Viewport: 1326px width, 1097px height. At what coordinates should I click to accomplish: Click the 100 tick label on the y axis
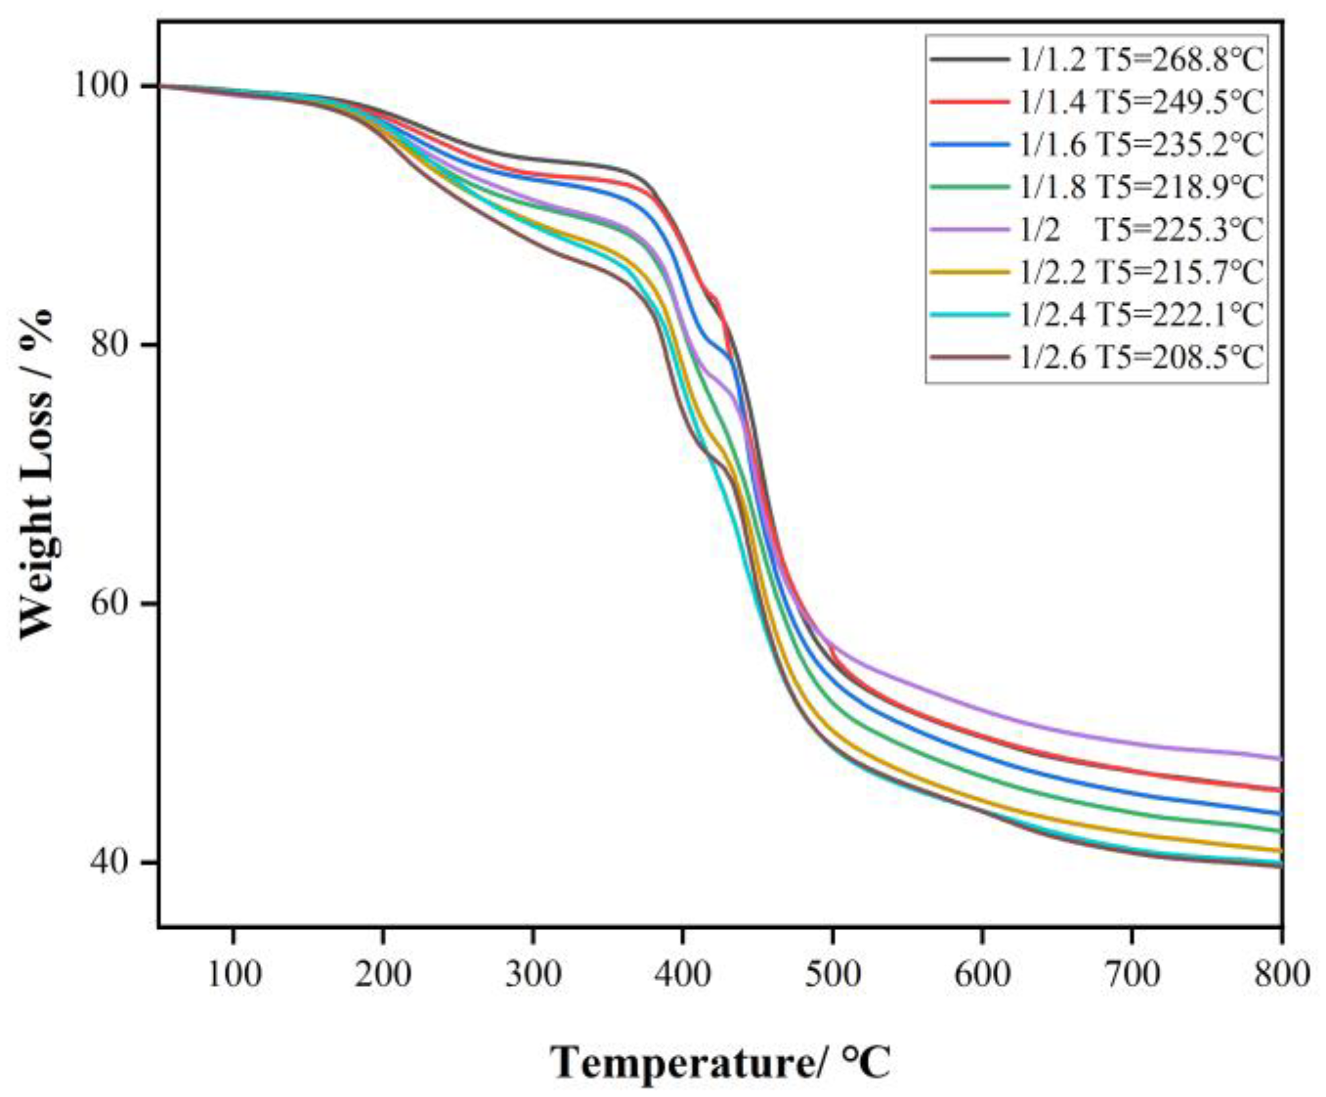click(104, 85)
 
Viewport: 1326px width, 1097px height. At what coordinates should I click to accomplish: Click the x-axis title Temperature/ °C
click(720, 1064)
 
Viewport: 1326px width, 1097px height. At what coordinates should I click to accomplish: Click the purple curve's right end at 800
click(1280, 758)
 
